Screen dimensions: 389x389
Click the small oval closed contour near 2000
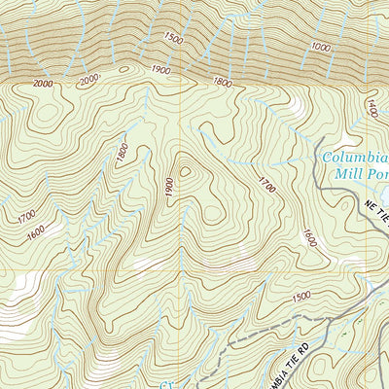tap(123, 70)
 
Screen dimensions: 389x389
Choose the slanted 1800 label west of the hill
tap(122, 153)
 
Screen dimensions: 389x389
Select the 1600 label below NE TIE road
tap(309, 237)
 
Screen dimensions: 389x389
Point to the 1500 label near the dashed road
tap(301, 296)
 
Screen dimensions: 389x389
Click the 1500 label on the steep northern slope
tap(173, 39)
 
